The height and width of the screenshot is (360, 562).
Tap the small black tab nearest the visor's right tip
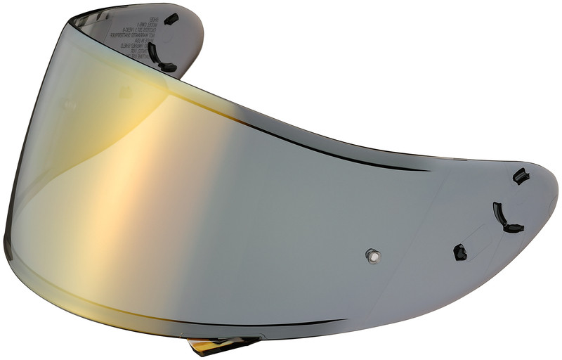click(x=521, y=176)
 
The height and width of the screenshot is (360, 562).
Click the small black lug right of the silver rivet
click(x=460, y=251)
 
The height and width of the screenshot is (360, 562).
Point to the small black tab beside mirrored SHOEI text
click(x=171, y=20)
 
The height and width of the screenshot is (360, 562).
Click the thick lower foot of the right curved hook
click(x=513, y=228)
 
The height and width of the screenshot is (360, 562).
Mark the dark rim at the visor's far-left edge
click(x=6, y=232)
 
